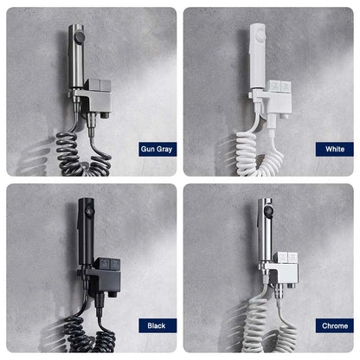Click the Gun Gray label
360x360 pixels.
pos(157,149)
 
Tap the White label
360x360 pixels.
pos(335,149)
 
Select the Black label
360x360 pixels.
pos(157,325)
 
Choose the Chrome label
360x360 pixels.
pos(335,325)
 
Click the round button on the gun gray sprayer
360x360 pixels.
pos(79,37)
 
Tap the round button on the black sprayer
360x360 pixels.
pos(91,212)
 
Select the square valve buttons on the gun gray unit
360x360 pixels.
pos(99,84)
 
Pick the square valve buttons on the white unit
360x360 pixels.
pos(280,86)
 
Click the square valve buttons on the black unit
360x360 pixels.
pos(107,264)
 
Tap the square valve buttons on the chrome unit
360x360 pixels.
pos(287,258)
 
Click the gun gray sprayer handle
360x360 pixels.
pos(76,56)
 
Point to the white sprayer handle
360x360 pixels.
pos(258,56)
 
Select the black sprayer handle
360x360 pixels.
pos(86,231)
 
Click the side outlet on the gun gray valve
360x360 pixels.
pos(106,116)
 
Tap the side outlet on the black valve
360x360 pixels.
pos(113,294)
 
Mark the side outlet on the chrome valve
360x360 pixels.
pos(292,286)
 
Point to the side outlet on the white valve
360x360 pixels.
pos(286,116)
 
